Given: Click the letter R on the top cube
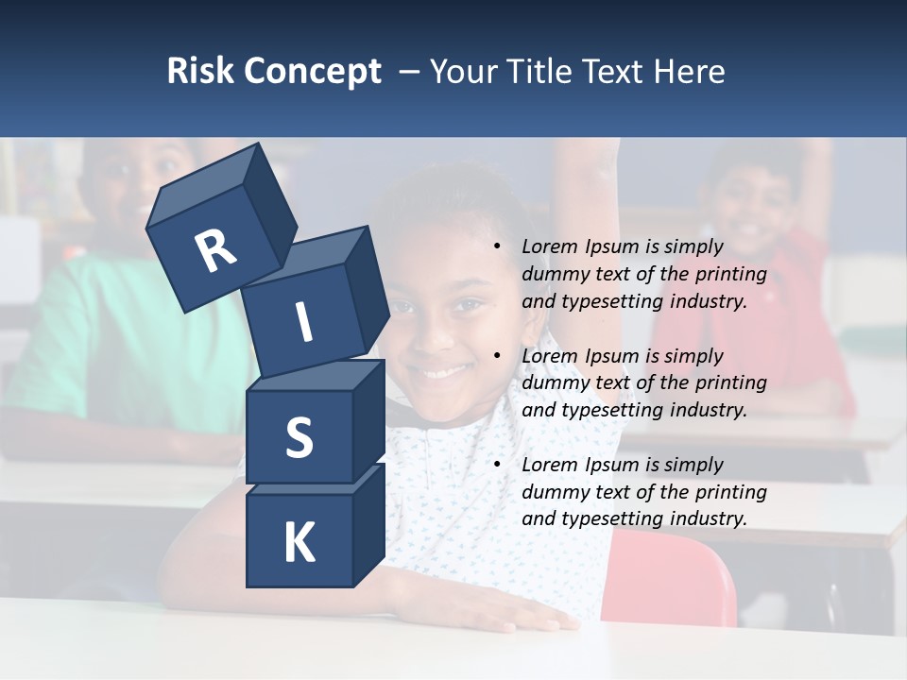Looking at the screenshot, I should tap(215, 251).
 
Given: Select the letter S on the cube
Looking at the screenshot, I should tap(299, 437).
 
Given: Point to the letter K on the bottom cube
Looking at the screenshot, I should tap(299, 543).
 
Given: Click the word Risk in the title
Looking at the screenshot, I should tap(199, 71).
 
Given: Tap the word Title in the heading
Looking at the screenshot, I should tap(541, 71).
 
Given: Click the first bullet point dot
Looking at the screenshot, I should tap(497, 246).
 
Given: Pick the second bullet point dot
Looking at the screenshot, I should tap(497, 356).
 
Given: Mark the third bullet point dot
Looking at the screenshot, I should tap(497, 465).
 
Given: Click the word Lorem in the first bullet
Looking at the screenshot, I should tap(547, 246).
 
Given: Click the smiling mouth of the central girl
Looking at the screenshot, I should tap(444, 371).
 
